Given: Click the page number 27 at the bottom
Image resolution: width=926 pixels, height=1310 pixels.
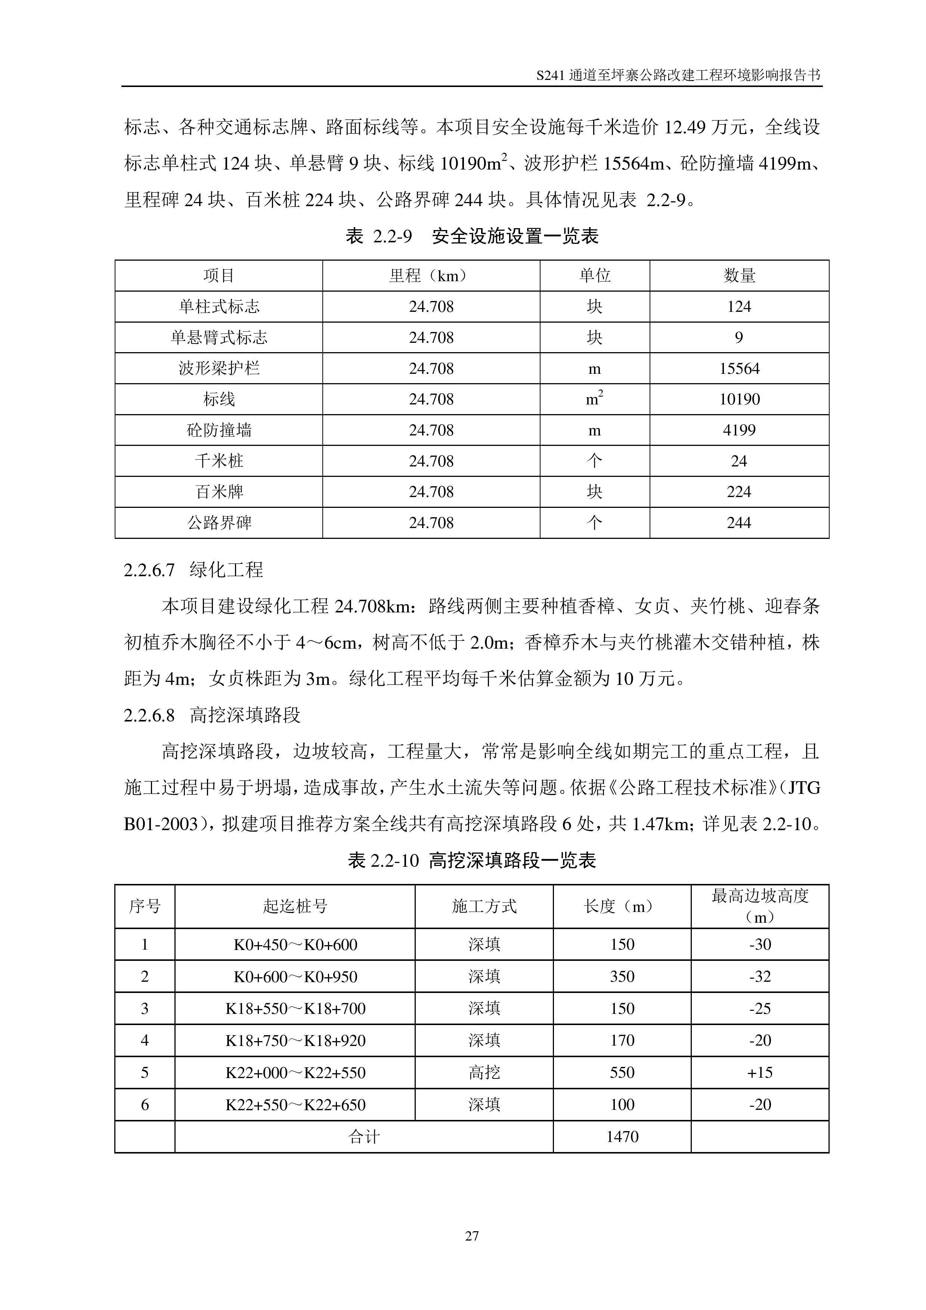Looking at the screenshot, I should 472,1236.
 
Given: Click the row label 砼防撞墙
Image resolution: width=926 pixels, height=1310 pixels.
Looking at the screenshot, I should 219,430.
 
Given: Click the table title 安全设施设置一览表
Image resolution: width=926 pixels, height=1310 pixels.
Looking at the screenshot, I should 515,236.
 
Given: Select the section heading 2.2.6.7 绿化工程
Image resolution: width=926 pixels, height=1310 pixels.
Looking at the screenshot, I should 193,569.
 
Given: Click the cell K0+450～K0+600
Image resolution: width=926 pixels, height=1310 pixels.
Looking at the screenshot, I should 295,945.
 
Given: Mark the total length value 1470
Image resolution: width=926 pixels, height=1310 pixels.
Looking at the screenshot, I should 622,1137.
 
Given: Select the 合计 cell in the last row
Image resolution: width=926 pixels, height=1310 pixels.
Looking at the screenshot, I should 363,1137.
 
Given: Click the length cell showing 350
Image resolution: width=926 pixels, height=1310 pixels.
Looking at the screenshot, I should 622,977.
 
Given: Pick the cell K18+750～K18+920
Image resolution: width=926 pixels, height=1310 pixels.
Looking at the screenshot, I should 295,1041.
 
